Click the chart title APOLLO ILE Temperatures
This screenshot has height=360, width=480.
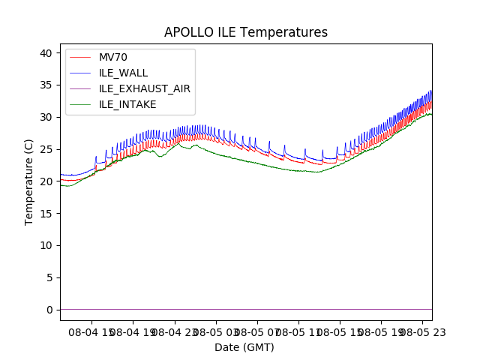click(246, 33)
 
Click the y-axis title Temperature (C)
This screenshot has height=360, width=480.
click(29, 182)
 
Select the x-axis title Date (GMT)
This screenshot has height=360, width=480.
click(244, 347)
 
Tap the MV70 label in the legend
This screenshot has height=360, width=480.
click(118, 58)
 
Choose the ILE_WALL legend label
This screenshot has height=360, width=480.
click(124, 73)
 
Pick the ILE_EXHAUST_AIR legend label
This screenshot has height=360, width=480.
click(145, 88)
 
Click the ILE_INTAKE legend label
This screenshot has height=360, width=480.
click(127, 104)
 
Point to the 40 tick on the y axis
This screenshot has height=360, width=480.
click(46, 53)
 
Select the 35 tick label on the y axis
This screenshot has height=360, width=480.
click(46, 85)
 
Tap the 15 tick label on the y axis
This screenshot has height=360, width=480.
click(46, 214)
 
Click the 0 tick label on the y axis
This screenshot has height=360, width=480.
click(49, 310)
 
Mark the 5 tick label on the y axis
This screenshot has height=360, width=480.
click(49, 277)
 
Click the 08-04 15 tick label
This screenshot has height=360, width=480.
click(91, 331)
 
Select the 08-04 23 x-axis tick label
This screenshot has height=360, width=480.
click(174, 331)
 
